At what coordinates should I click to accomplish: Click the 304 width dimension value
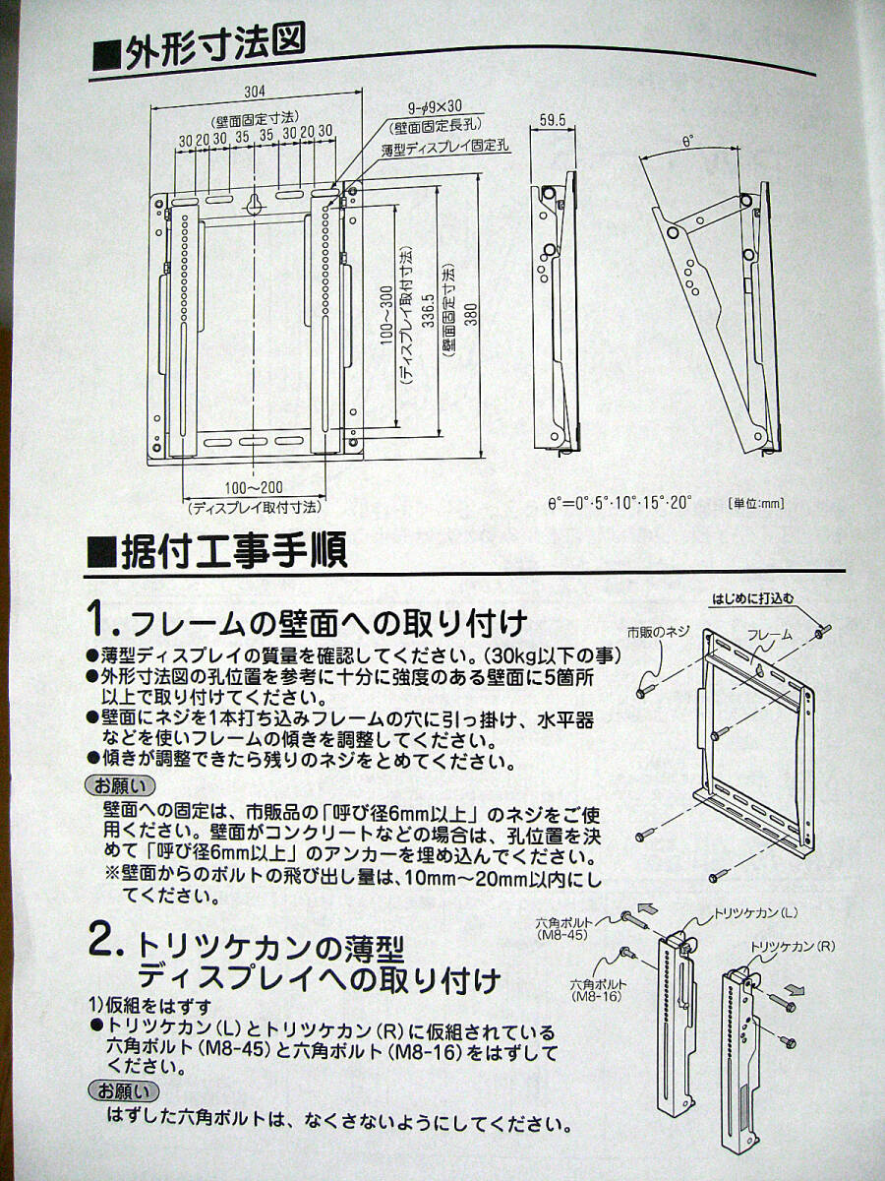(255, 92)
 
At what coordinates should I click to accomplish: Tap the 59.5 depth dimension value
(553, 120)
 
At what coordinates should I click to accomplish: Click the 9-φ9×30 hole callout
(436, 107)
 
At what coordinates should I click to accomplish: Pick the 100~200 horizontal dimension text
(254, 488)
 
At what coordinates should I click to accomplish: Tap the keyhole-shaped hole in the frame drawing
(254, 203)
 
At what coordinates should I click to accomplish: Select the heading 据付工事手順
(217, 550)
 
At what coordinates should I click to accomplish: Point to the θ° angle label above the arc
(687, 142)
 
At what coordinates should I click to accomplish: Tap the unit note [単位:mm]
(756, 504)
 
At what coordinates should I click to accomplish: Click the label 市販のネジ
(658, 633)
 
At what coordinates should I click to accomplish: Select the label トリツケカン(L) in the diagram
(754, 912)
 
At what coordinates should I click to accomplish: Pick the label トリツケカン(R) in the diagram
(792, 962)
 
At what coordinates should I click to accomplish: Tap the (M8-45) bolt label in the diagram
(562, 935)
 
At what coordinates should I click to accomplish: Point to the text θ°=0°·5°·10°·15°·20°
(619, 504)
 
